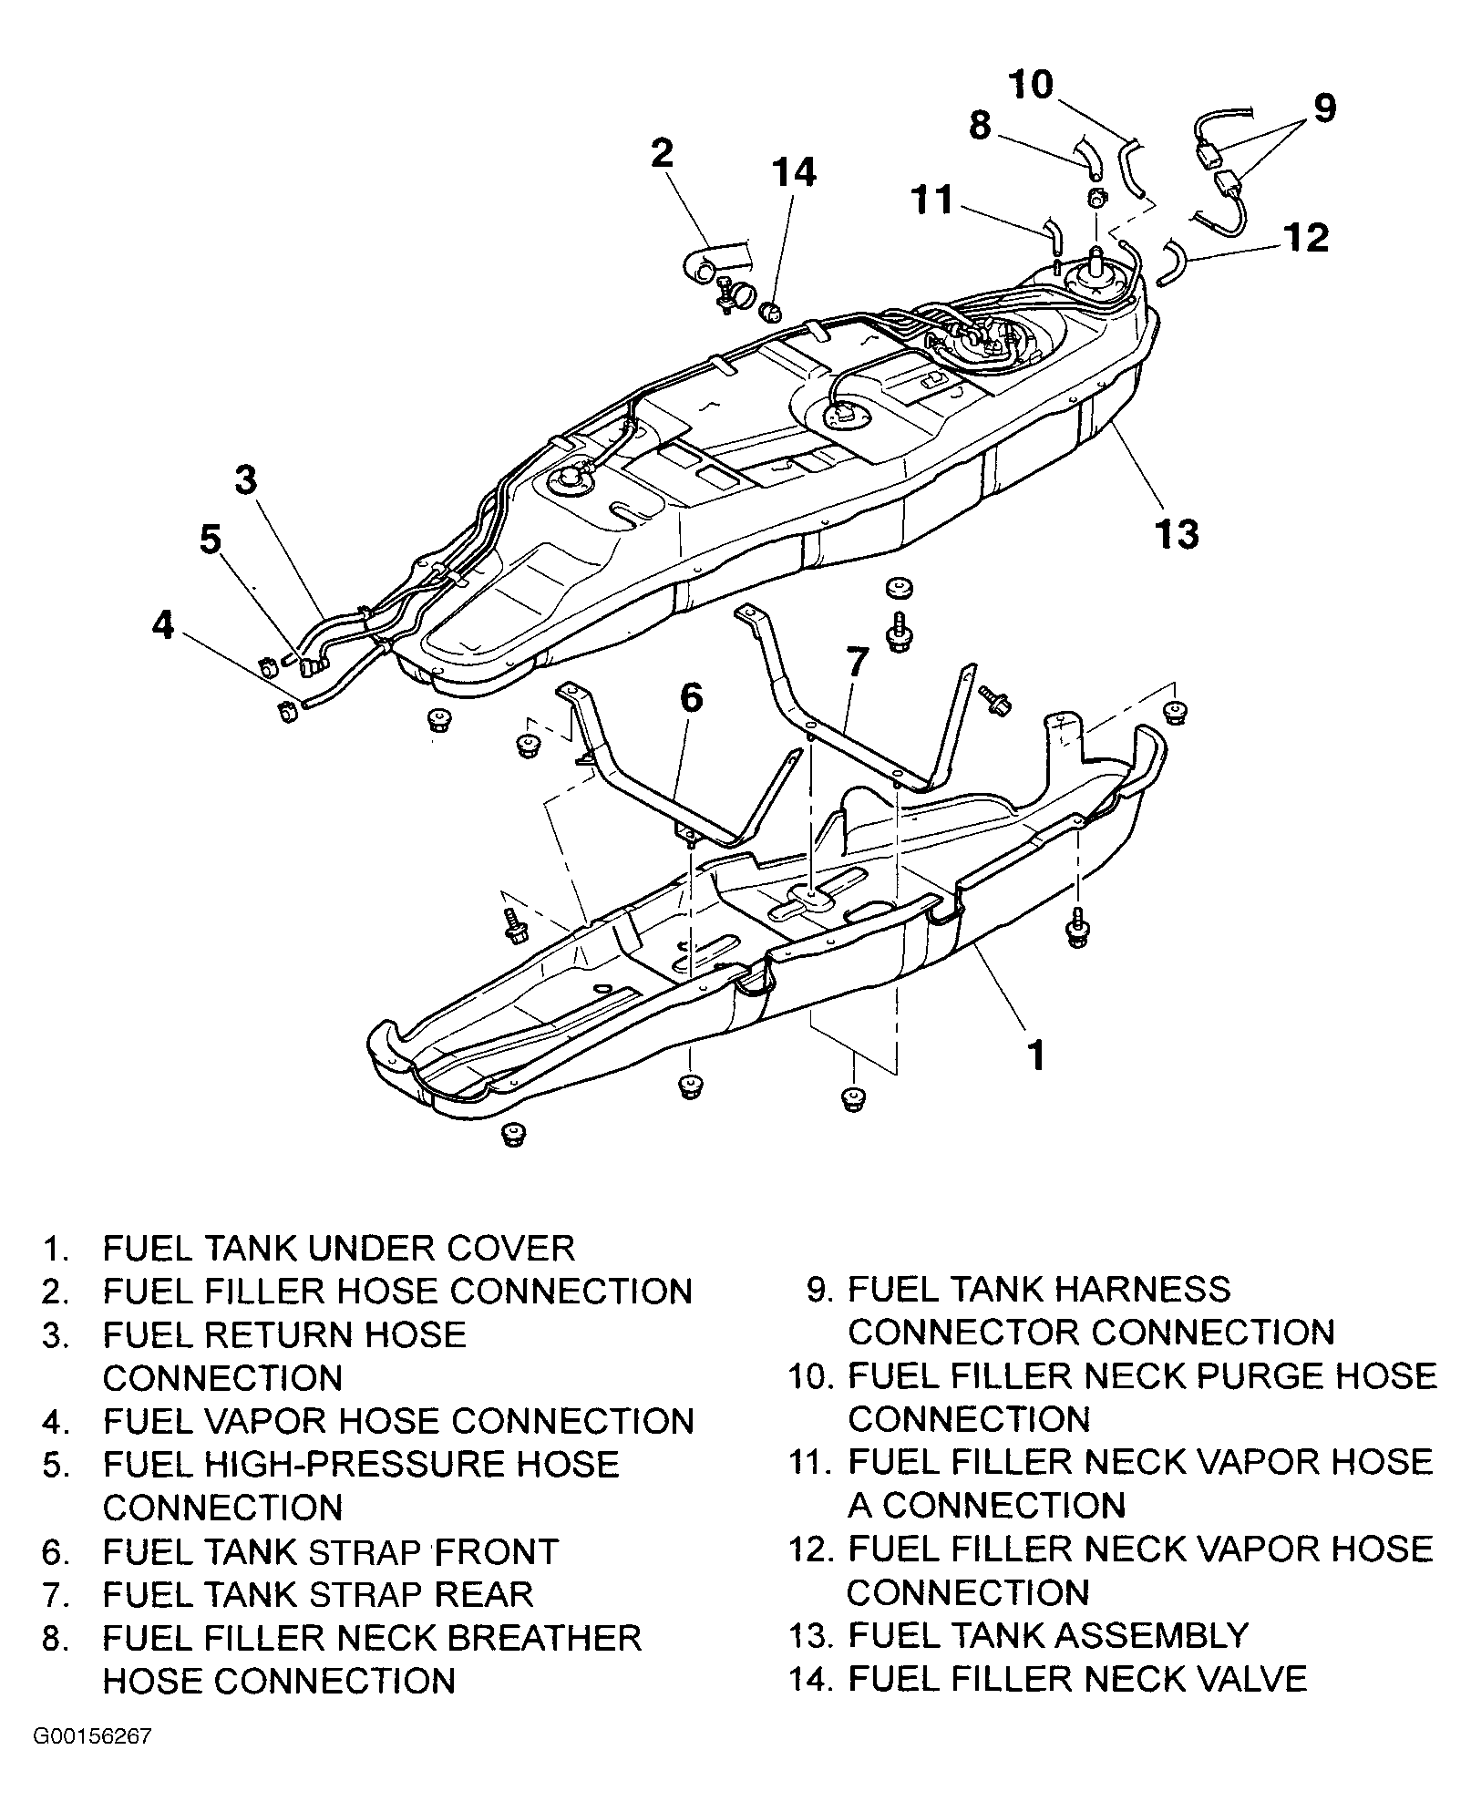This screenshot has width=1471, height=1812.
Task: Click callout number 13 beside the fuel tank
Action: (x=1176, y=533)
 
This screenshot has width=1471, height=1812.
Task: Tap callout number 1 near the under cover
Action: (x=1035, y=1055)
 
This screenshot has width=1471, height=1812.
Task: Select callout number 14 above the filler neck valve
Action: (x=794, y=171)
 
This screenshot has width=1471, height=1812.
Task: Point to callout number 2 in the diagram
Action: (x=662, y=152)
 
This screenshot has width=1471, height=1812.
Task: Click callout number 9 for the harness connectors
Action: (x=1325, y=108)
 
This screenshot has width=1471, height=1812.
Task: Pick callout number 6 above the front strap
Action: (x=692, y=698)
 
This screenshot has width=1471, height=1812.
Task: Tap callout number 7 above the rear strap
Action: (x=856, y=663)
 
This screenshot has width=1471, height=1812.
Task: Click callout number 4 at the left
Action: (x=163, y=625)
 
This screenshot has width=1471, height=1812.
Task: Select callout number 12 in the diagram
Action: (x=1306, y=237)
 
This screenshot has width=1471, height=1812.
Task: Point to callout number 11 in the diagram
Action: (x=931, y=200)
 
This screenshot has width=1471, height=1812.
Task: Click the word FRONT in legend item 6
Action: (x=496, y=1551)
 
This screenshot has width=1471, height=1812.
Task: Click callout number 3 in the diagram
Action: (x=246, y=480)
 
